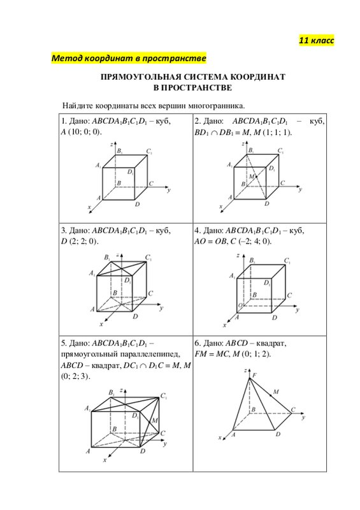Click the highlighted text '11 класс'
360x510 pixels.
[x=317, y=41]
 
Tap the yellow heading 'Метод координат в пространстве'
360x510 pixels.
[x=129, y=58]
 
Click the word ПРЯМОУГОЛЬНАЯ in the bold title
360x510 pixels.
[x=140, y=77]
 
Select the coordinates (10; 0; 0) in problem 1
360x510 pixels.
[x=85, y=132]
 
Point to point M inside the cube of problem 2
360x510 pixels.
[x=256, y=177]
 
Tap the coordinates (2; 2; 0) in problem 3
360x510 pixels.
[x=83, y=242]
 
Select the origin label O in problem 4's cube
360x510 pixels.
[x=240, y=306]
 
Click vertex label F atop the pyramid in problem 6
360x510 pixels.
[x=254, y=375]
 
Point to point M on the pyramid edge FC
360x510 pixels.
[x=271, y=395]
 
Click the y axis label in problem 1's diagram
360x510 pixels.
[x=169, y=190]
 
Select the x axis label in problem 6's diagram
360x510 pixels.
[x=220, y=437]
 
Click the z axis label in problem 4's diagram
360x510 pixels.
[x=238, y=256]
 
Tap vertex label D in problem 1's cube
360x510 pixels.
[x=138, y=204]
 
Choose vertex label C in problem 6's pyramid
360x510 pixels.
[x=293, y=409]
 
